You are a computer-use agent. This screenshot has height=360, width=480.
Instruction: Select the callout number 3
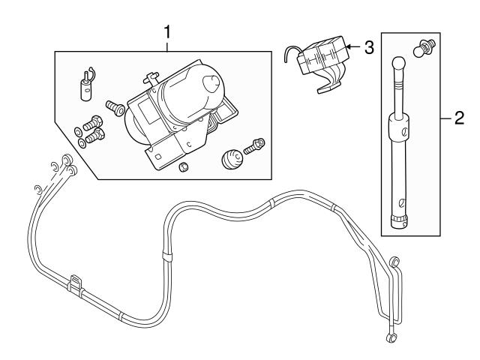[368, 47]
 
